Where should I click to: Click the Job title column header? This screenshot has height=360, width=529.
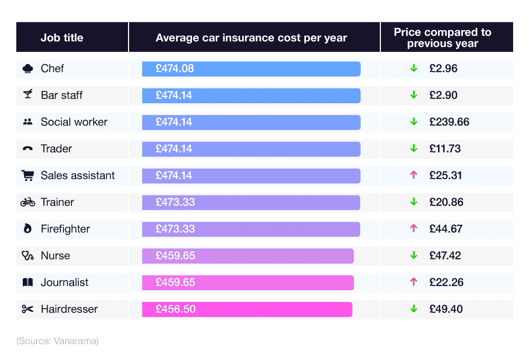[x=62, y=38]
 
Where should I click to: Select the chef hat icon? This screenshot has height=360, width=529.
[x=28, y=69]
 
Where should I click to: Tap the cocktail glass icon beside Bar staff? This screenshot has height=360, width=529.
[x=28, y=95]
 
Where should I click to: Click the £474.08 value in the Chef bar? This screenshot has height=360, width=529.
[x=175, y=69]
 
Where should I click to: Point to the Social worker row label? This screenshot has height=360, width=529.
[x=74, y=122]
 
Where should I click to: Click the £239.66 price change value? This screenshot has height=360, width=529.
[x=449, y=122]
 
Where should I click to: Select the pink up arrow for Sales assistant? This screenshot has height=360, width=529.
[x=414, y=175]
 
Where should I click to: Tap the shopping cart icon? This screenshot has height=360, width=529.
[x=28, y=176]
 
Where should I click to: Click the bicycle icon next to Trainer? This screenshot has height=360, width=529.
[x=28, y=202]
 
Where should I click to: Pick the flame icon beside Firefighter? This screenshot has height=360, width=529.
[x=28, y=229]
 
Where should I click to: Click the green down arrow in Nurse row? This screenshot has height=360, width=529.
[x=414, y=255]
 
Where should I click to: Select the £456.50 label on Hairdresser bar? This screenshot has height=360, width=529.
[x=175, y=309]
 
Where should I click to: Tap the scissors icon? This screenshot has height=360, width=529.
[x=28, y=309]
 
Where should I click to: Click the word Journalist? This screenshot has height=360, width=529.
[x=65, y=283]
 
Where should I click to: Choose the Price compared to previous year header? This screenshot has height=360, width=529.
[x=442, y=38]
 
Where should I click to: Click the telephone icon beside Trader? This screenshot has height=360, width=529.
[x=28, y=149]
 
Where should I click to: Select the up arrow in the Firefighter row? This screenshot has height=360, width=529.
[x=414, y=229]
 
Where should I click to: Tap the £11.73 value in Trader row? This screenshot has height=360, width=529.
[x=445, y=149]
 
